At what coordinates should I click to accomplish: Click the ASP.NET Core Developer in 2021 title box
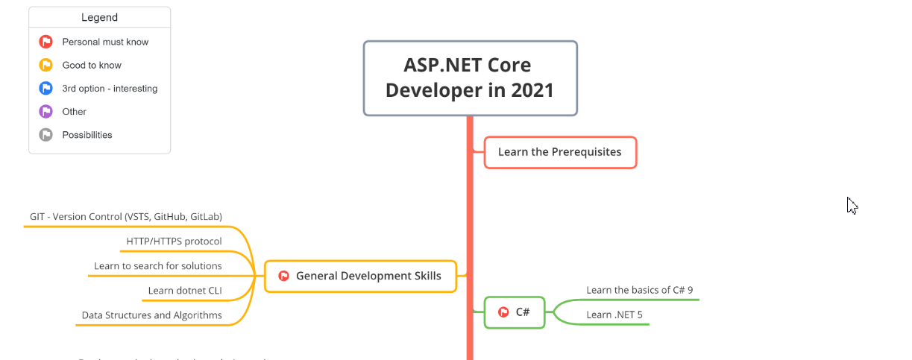click(x=470, y=78)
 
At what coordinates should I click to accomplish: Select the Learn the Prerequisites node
click(x=560, y=152)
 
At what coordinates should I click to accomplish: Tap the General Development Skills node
click(x=360, y=276)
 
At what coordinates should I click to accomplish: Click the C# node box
click(x=515, y=312)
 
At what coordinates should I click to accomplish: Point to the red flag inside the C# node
click(x=503, y=312)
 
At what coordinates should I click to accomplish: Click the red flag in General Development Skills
click(x=283, y=276)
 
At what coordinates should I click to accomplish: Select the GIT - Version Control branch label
click(x=126, y=217)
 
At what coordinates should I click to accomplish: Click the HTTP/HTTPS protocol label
click(x=174, y=241)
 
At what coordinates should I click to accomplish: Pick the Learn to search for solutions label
click(x=157, y=266)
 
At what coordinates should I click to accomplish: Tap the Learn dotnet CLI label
click(x=185, y=291)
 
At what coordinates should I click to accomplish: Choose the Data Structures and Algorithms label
click(x=151, y=315)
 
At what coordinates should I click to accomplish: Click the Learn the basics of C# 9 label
click(x=640, y=290)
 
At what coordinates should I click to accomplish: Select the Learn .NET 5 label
click(x=614, y=315)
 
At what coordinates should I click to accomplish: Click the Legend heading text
click(x=99, y=17)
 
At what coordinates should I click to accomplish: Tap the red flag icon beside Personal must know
click(x=45, y=42)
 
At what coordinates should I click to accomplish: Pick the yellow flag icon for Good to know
click(x=45, y=65)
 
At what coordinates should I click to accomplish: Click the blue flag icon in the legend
click(x=45, y=89)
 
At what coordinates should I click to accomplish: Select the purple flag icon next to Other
click(x=45, y=112)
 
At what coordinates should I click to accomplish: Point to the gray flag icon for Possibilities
click(x=45, y=135)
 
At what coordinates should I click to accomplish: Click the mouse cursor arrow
click(x=851, y=205)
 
